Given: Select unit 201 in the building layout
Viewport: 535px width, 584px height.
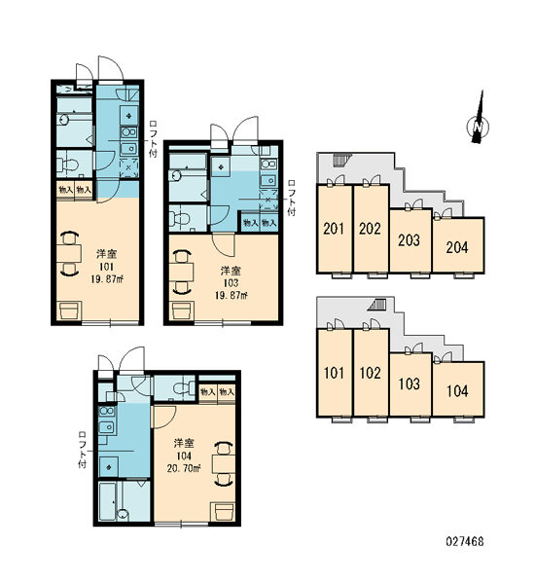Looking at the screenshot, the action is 334,229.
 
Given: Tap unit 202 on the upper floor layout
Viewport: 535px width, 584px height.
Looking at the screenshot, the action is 370,229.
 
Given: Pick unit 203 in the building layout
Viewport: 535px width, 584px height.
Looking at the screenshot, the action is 410,240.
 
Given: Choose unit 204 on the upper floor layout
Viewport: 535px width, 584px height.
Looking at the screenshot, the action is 457,246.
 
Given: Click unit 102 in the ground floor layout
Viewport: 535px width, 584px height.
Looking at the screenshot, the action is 370,373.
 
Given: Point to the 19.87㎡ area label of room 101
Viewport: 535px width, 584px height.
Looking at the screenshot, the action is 107,279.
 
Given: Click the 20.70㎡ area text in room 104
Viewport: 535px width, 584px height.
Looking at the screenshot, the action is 184,468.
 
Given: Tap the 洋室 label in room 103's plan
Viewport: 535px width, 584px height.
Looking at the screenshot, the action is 231,271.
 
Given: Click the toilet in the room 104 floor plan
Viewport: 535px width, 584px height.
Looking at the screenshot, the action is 182,388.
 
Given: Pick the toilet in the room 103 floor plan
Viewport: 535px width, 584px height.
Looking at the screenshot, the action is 178,219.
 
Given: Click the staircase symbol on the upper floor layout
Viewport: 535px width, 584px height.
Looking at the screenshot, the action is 340,160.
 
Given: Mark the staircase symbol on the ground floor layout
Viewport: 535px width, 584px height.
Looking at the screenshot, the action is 377,305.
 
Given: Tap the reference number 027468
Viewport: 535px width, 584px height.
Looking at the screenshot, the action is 465,541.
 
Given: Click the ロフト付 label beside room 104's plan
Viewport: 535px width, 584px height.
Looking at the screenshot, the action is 83,450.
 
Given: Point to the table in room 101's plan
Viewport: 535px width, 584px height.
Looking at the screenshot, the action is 69,254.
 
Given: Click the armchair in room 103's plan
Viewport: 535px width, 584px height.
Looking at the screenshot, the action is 182,310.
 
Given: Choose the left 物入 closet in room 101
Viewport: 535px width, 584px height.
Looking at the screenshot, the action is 65,190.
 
